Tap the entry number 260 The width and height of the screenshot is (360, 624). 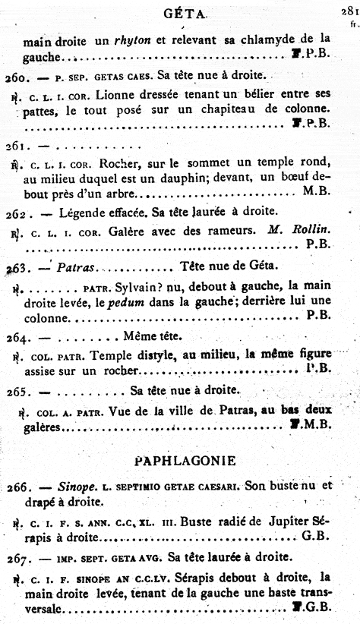16,76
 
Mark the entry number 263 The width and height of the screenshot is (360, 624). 16,268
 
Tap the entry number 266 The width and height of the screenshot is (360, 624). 16,486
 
